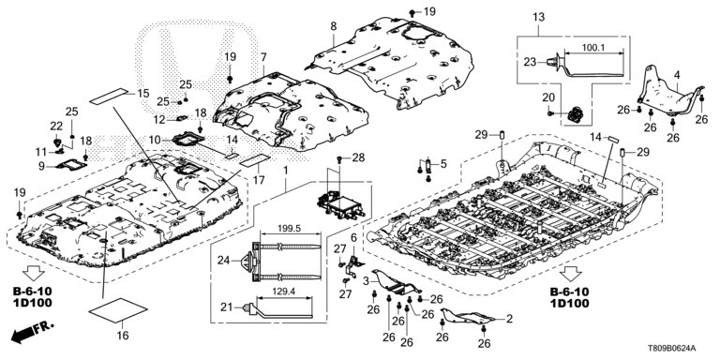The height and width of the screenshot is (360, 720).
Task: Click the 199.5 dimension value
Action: [x=290, y=229]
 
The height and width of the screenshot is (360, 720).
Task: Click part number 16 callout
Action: [x=123, y=336]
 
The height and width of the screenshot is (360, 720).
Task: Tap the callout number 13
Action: [x=539, y=18]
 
